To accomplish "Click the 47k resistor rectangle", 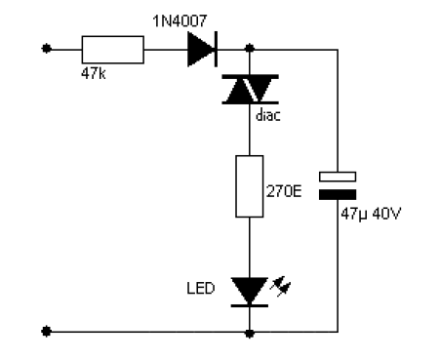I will pos(111,47).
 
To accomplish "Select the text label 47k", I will pos(94,72).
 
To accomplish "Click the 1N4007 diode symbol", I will pos(201,47).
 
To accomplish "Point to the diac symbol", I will pos(251,90).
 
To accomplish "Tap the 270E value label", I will pos(285,193).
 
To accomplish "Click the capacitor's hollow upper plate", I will pos(339,177).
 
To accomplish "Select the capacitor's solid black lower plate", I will pos(339,194).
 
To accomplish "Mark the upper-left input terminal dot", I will pos(45,47).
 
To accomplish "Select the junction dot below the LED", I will pos(251,333).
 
